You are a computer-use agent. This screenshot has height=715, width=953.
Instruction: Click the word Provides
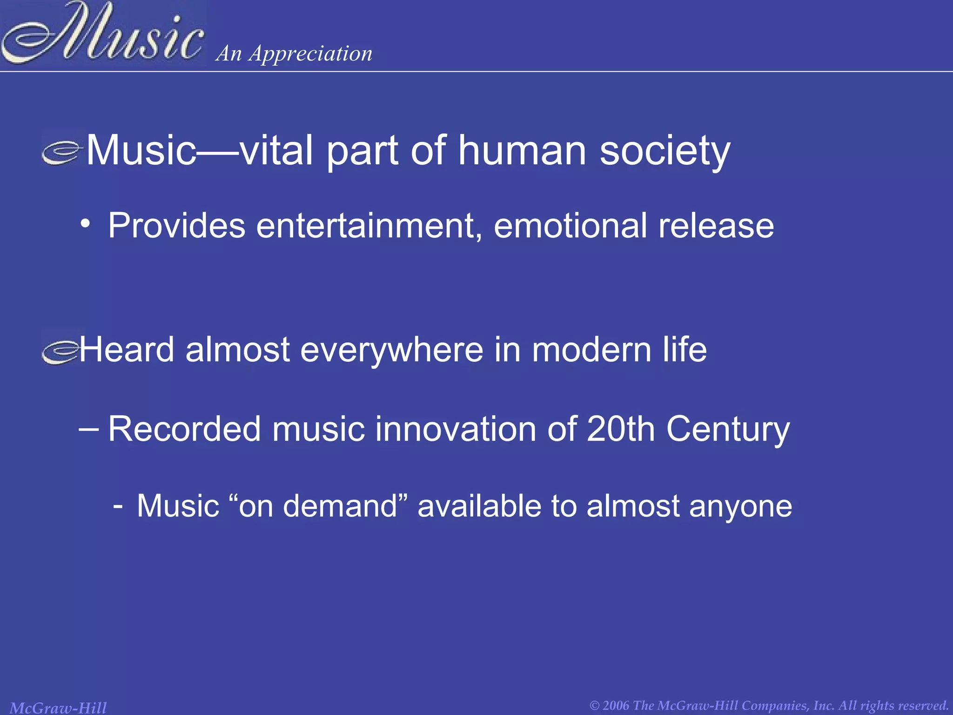point(176,226)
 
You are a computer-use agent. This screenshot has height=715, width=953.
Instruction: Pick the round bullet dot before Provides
point(85,224)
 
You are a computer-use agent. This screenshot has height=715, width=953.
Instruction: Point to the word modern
point(591,350)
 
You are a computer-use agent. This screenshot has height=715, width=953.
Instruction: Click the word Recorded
point(184,429)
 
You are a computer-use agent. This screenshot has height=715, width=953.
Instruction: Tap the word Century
point(728,430)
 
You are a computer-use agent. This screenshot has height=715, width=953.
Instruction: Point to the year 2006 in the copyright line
point(616,706)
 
